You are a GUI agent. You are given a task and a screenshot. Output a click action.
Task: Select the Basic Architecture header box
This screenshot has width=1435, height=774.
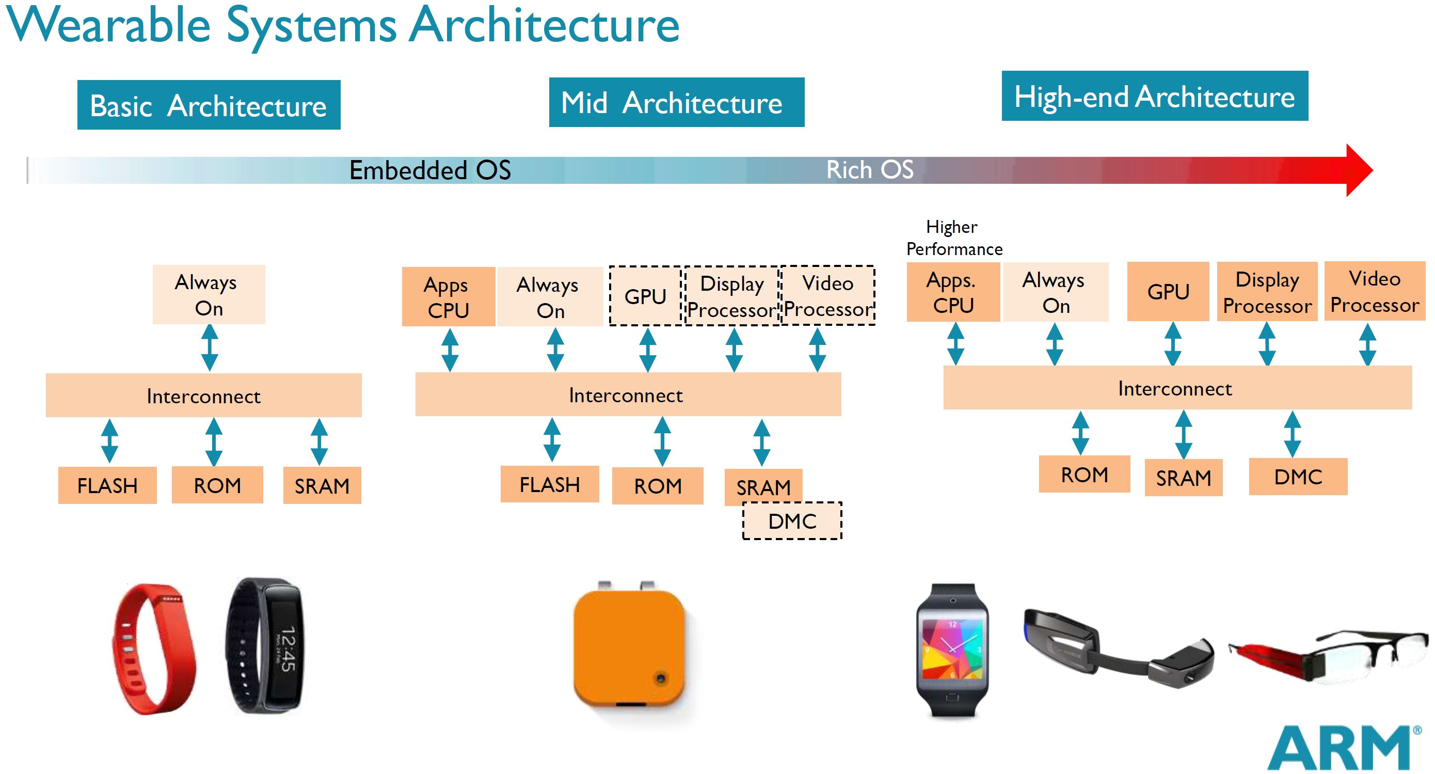pos(209,105)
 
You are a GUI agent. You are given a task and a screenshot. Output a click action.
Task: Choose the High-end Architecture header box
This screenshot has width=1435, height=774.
pos(1155,96)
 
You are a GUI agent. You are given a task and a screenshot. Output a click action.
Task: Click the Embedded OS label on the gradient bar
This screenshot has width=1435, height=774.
pos(429,170)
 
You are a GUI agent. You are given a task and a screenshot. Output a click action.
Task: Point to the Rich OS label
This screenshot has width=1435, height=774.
pos(870,169)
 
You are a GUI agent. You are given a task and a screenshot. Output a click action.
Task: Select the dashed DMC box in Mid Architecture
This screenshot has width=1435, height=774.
pos(792,521)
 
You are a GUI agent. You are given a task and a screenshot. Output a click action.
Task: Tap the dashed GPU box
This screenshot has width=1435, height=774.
pos(645,296)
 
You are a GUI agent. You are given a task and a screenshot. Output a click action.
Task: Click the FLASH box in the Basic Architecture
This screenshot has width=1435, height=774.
pos(107,485)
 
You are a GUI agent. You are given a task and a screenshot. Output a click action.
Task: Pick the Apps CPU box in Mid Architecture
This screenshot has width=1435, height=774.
pos(449,296)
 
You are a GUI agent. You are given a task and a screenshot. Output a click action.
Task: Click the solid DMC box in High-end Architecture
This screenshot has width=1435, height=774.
pos(1298,477)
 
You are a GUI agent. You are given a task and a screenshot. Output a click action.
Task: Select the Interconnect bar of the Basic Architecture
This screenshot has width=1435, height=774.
pos(204,396)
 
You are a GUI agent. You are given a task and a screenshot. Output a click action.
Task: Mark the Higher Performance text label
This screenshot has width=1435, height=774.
pos(954,238)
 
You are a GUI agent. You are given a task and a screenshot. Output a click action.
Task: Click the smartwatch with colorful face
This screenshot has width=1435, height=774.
pos(952,650)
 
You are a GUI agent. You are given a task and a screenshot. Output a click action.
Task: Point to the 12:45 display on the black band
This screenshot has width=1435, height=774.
pos(286,649)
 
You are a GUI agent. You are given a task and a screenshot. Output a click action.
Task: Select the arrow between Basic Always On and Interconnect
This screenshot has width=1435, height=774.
pos(210,347)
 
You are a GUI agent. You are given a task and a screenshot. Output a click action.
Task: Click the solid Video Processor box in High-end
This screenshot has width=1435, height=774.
pos(1374,291)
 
